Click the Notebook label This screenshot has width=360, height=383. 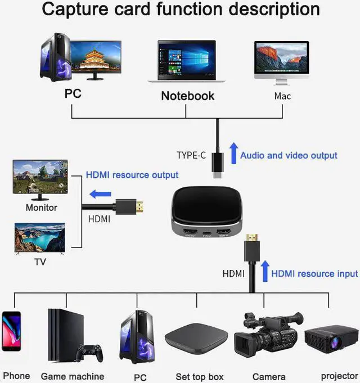pos(187,96)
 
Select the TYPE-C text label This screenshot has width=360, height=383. pos(191,155)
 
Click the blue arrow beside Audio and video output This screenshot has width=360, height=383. pos(233,153)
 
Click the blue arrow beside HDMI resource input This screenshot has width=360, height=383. pos(265,271)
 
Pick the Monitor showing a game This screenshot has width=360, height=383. pos(40,178)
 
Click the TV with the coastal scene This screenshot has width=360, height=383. pos(40,238)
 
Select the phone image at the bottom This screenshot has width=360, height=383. pos(11,339)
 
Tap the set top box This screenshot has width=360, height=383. pos(196,341)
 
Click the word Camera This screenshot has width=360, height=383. pos(269,376)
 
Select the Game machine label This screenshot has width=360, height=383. pos(73,376)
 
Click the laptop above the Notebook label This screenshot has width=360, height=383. pos(187,61)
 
